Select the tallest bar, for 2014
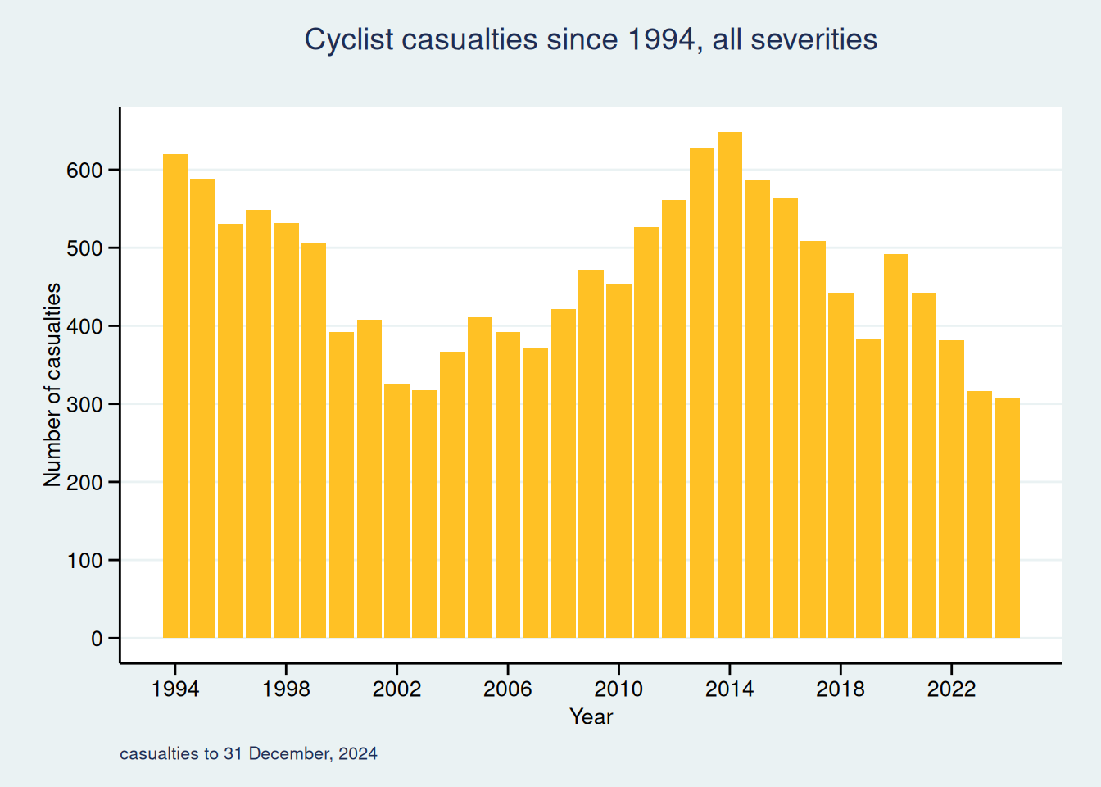pos(730,385)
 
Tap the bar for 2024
pos(1007,517)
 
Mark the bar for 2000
pos(342,484)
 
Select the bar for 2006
pos(508,484)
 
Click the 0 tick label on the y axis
pos(97,639)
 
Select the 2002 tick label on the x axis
pos(396,689)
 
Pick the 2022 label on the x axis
pos(951,689)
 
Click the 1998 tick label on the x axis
pos(286,689)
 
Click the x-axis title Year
pos(591,716)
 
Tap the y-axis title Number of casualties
pos(52,385)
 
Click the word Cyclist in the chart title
pos(349,39)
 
